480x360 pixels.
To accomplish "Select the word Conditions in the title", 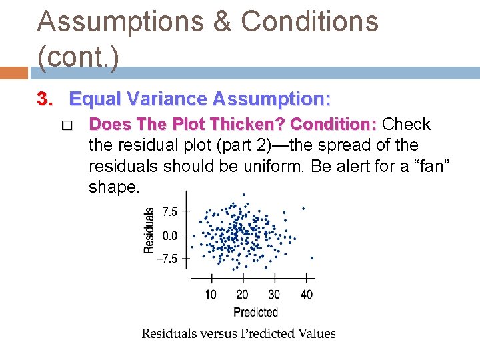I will click(309, 21).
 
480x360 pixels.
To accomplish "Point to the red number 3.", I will click(45, 99).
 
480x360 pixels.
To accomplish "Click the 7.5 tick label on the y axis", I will click(170, 212).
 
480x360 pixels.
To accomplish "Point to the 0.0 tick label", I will click(170, 235).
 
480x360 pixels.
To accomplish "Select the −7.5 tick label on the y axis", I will click(167, 259).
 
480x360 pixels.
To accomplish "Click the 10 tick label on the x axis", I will click(211, 295).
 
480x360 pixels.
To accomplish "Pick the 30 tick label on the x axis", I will click(274, 295).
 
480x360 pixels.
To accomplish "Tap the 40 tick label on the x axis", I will click(306, 295).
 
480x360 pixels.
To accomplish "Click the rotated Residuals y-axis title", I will click(150, 229).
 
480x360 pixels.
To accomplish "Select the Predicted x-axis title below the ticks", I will click(255, 312).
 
